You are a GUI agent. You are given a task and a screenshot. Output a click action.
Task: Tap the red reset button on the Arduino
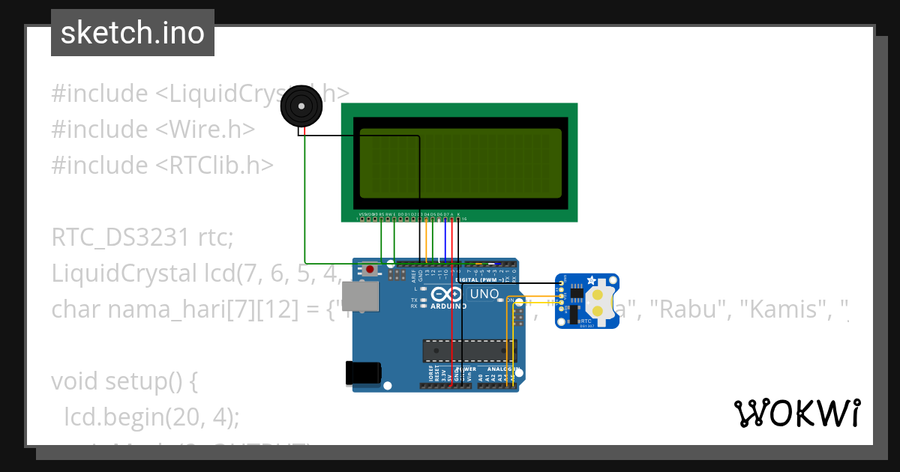pos(370,268)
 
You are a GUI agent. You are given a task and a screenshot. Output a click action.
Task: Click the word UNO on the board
pos(484,294)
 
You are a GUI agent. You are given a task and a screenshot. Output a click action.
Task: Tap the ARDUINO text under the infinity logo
pos(448,306)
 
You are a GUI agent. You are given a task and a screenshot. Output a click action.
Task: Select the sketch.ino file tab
pos(133,33)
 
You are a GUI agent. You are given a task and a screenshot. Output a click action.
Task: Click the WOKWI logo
pos(796,413)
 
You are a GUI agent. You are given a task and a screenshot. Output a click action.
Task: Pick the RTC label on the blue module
pos(585,321)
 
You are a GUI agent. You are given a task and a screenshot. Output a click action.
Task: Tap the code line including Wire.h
pos(153,129)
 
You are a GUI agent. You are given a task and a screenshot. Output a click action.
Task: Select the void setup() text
pos(124,381)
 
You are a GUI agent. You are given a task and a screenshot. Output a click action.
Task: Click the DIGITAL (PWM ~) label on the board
pos(481,279)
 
